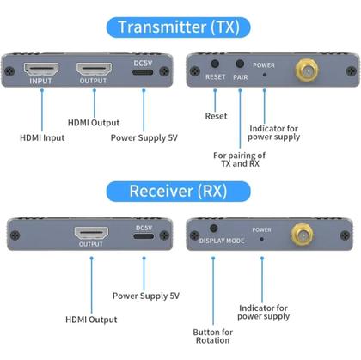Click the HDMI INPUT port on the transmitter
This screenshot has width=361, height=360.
pos(40,70)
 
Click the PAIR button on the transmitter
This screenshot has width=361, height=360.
pos(240,64)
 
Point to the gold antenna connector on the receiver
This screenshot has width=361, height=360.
pos(302,233)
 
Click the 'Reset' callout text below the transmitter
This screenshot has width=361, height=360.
pos(216,116)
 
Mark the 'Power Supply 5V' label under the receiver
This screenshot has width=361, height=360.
pos(146,296)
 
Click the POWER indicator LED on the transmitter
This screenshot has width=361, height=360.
pos(264,75)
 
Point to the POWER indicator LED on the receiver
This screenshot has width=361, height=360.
pos(261,240)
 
